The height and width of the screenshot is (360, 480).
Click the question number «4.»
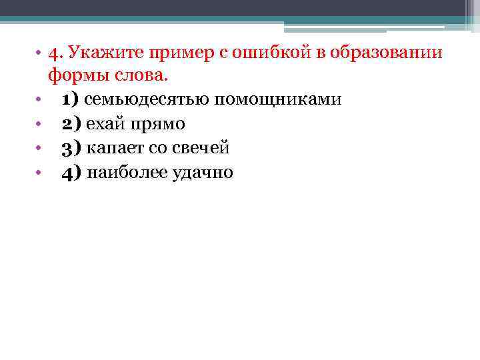pos(55,52)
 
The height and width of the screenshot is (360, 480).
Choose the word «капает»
pos(114,149)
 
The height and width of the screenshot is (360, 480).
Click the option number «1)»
pos(71,100)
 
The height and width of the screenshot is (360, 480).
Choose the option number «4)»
pos(71,173)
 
